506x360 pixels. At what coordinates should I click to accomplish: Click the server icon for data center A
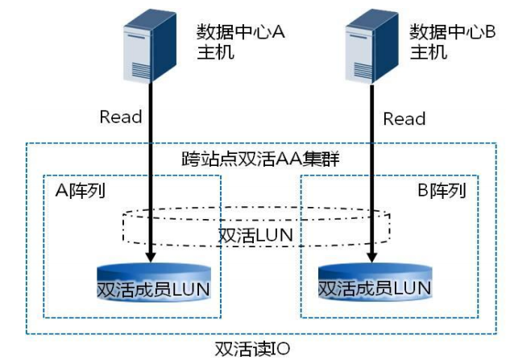click(150, 45)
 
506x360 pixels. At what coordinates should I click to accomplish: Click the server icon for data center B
click(371, 47)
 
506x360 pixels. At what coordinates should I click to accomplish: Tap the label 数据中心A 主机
click(240, 42)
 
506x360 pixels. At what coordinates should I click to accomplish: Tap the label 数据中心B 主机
click(453, 42)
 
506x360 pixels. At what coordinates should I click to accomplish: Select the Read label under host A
click(121, 117)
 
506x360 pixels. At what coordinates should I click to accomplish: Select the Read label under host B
click(404, 118)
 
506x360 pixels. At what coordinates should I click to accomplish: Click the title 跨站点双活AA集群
click(260, 159)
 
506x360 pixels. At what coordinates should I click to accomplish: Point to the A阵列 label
click(81, 190)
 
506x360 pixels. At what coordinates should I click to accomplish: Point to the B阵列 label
click(442, 190)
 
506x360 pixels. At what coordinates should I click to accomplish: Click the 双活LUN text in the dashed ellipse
click(255, 235)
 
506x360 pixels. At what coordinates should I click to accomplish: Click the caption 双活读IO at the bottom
click(252, 349)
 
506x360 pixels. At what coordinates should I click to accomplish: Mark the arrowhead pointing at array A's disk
click(151, 257)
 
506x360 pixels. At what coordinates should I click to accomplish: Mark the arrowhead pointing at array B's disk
click(371, 257)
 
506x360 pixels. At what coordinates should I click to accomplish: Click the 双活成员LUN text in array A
click(154, 289)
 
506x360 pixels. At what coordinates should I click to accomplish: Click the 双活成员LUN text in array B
click(375, 288)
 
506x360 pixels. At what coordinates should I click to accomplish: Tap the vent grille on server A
click(141, 71)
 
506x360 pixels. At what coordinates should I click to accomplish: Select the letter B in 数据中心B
click(491, 31)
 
